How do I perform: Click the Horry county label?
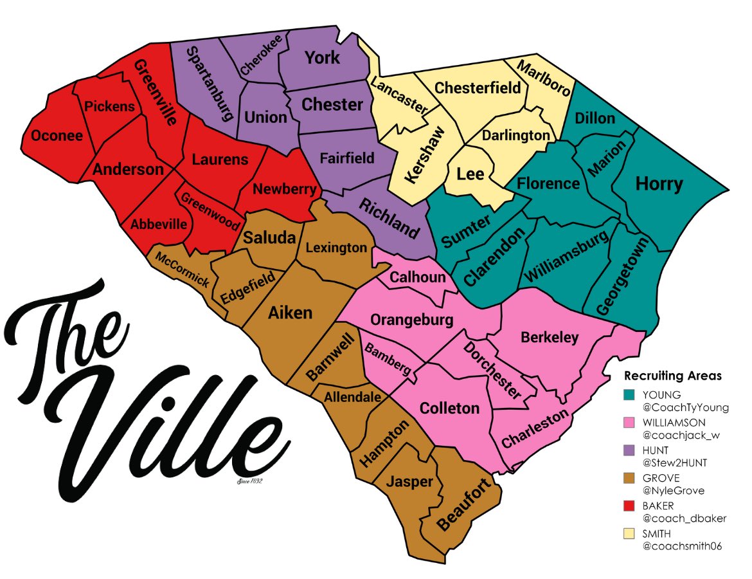pos(659,184)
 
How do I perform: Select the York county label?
pos(323,58)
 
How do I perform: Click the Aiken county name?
pos(290,313)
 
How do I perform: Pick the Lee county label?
pos(470,174)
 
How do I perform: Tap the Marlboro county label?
pos(544,78)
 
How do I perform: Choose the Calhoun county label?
pos(418,277)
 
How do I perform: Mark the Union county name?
pos(265,117)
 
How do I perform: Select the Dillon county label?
pos(595,118)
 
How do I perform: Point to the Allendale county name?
pos(352,398)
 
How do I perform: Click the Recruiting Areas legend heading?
pos(673,376)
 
